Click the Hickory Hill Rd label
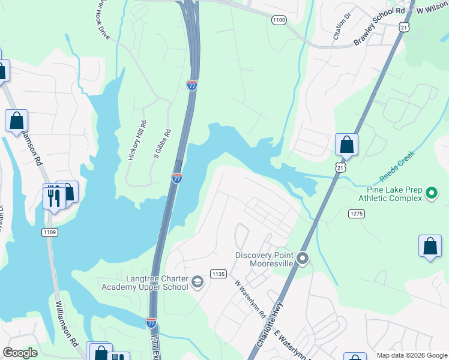tap(137, 141)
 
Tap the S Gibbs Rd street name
tap(161, 144)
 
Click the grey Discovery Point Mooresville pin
tap(303, 259)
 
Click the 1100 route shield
tap(279, 20)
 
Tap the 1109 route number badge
tap(49, 232)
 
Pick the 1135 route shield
tap(218, 274)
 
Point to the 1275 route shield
tap(357, 213)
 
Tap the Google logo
tap(20, 353)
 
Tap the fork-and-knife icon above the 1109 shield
tap(53, 196)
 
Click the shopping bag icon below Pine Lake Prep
tap(430, 246)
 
